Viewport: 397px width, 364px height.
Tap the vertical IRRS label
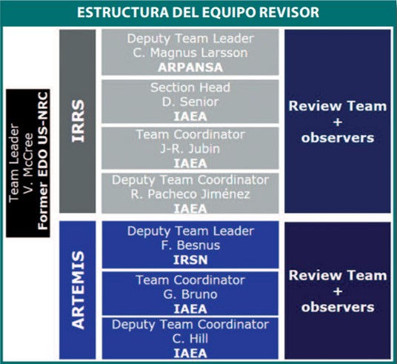point(78,121)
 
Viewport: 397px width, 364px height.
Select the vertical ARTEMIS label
point(78,290)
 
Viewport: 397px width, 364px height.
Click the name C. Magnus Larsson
point(190,53)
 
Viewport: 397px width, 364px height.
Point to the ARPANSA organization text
point(190,67)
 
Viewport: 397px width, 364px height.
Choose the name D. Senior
point(190,102)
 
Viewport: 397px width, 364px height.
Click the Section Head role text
point(190,87)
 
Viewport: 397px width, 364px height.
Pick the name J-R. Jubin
point(190,149)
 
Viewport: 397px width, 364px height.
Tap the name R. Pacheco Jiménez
point(190,194)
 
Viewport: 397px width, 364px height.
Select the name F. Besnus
point(190,245)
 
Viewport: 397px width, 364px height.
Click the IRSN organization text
point(190,260)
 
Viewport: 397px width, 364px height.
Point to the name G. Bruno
point(190,294)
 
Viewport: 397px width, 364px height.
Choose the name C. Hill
point(190,339)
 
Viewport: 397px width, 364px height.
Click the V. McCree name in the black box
point(28,163)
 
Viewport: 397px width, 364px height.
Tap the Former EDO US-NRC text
point(42,161)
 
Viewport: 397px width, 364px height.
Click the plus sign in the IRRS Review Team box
point(338,122)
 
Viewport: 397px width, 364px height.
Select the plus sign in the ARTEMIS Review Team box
point(338,291)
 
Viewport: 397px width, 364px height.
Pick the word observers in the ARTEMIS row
point(338,307)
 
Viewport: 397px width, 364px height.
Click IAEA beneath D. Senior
point(190,116)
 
